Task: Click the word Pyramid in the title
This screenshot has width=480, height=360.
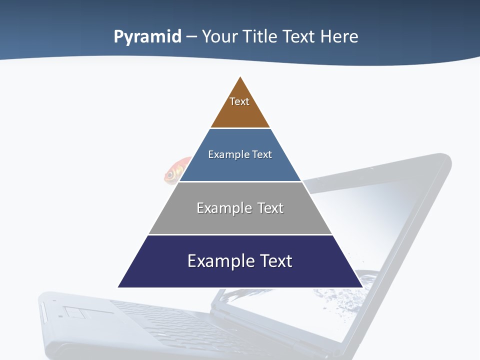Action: pyautogui.click(x=147, y=37)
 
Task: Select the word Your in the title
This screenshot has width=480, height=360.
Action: pyautogui.click(x=219, y=36)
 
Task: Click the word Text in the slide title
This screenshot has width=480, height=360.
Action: pyautogui.click(x=299, y=36)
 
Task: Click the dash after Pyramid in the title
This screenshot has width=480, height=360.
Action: pyautogui.click(x=191, y=37)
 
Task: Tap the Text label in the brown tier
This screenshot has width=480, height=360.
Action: pyautogui.click(x=239, y=101)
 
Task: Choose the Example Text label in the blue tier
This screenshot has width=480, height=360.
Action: pyautogui.click(x=240, y=154)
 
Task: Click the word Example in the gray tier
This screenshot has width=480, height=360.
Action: pyautogui.click(x=219, y=208)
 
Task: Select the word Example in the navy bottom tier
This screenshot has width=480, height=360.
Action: pyautogui.click(x=214, y=261)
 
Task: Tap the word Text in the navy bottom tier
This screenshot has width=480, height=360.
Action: pyautogui.click(x=275, y=261)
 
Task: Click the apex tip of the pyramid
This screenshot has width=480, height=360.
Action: pyautogui.click(x=240, y=78)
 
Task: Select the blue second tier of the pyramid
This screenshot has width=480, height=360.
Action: pyautogui.click(x=240, y=167)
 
